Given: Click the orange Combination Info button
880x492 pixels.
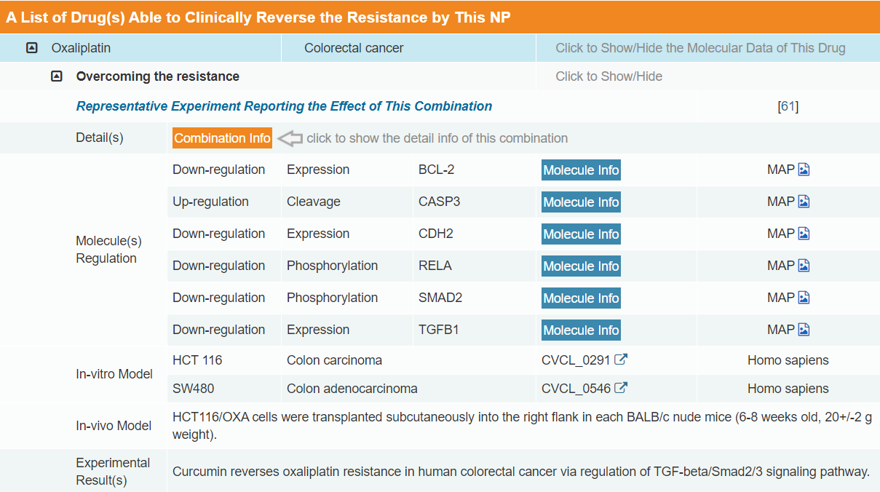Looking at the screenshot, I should coord(222,138).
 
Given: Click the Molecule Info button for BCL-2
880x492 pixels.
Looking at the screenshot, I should coord(581,170).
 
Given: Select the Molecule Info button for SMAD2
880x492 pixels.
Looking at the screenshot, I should coord(581,298).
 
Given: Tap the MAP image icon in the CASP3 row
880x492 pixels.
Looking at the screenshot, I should coord(804,202).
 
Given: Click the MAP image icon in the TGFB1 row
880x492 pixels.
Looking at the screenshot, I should coord(804,330).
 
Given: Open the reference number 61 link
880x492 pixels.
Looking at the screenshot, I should coord(788,106).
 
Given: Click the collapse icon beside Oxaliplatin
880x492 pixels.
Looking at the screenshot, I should coord(31,48).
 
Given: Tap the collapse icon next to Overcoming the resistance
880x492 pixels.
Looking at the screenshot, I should coord(57,76).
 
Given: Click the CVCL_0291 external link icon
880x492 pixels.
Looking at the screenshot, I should coord(621,360).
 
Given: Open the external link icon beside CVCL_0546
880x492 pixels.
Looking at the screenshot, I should coord(621,388).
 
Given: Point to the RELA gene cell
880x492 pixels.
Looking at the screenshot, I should coord(435,266).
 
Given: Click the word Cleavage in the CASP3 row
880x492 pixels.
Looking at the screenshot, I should coord(313,202).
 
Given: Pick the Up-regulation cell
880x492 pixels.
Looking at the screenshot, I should coord(210,202).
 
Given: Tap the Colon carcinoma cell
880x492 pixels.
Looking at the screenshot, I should coord(334,360).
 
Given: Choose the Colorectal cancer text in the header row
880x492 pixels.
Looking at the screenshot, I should coord(354,48).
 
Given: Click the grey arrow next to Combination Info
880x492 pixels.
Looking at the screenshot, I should coord(290,138).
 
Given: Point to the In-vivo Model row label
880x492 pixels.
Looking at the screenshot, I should coord(114,426).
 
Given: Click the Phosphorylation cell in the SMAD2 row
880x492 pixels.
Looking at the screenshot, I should coord(332,298).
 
